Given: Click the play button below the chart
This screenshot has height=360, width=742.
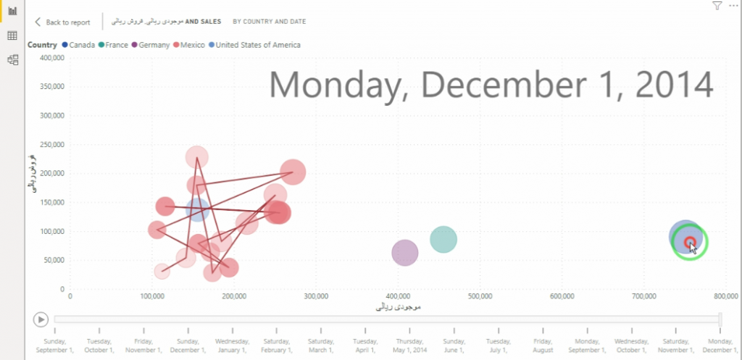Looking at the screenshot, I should click(x=41, y=319).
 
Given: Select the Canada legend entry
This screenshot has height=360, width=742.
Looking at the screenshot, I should click(x=79, y=45).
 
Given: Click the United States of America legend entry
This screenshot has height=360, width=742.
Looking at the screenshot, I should click(x=254, y=45).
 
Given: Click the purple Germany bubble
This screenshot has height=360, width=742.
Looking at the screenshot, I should click(x=405, y=253).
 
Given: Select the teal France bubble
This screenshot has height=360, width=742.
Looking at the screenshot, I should click(x=443, y=239).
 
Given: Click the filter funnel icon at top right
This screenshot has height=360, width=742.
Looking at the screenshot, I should click(x=717, y=6).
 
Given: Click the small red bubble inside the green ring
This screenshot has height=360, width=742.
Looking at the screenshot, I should click(x=690, y=242).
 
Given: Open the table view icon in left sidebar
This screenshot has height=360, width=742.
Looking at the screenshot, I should click(x=12, y=35).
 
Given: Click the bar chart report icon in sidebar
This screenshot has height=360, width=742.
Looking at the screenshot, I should click(x=12, y=11).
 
